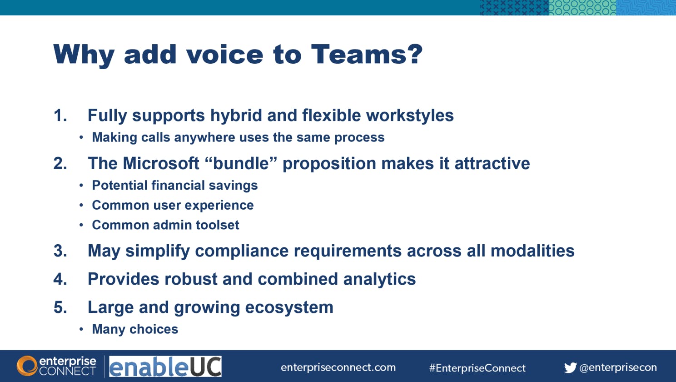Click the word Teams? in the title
tap(367, 55)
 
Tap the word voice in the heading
tap(224, 55)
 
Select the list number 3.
tap(60, 251)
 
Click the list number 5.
tap(60, 307)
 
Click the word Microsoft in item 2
tap(161, 163)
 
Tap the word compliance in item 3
tap(242, 251)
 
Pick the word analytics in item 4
tap(379, 279)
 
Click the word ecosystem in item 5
tap(289, 308)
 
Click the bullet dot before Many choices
tap(81, 329)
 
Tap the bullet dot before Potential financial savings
tap(81, 186)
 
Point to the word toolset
tap(217, 225)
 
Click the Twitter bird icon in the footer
tap(570, 368)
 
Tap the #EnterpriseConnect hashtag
tap(477, 368)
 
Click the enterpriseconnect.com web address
tap(338, 368)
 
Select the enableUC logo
tap(165, 366)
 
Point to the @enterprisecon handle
tap(618, 368)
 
